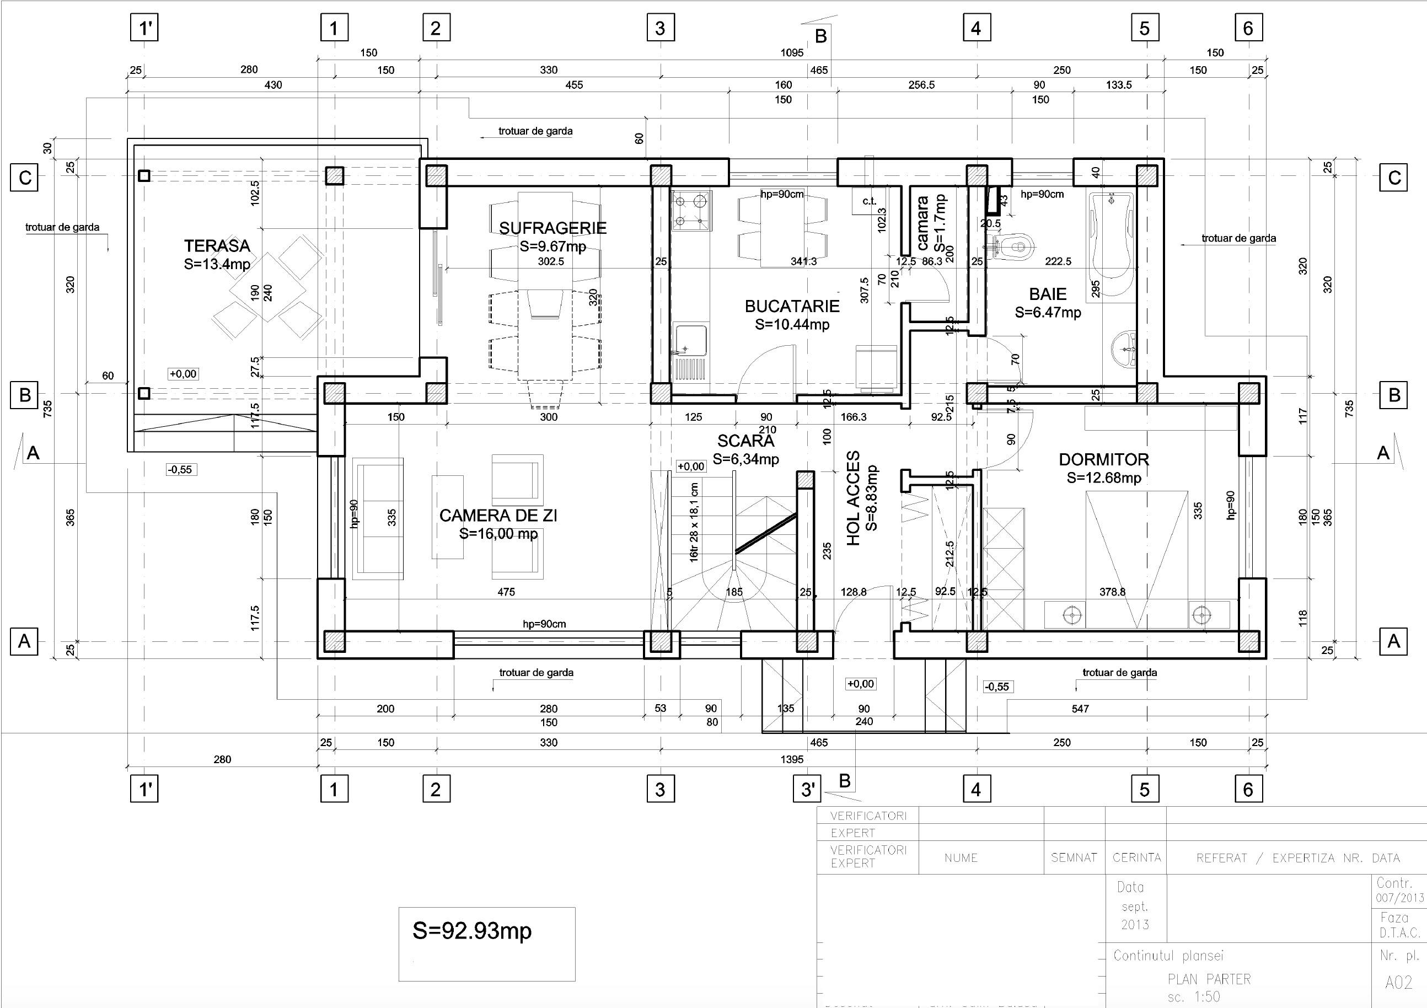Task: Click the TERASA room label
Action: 217,245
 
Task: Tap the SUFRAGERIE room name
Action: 552,228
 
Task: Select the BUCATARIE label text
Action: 792,305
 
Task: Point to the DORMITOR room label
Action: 1104,459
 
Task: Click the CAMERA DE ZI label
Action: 498,515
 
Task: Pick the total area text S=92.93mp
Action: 473,930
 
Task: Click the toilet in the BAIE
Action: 1015,246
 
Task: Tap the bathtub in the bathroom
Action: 1113,243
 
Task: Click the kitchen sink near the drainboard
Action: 689,342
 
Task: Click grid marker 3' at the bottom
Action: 807,790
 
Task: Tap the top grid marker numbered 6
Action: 1248,28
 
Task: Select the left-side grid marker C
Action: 24,178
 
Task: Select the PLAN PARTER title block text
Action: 1209,979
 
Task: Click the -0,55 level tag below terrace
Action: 181,470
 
